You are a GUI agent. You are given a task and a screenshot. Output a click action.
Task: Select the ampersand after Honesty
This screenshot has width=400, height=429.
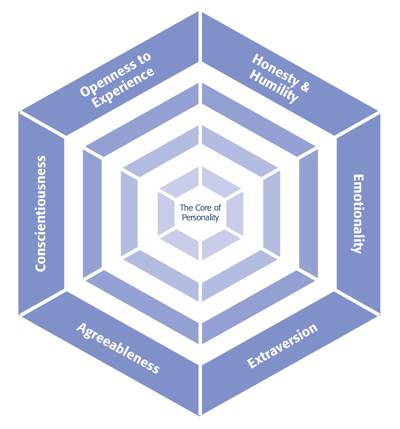(305, 87)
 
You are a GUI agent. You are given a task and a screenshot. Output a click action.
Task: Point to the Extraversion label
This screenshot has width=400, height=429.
(282, 346)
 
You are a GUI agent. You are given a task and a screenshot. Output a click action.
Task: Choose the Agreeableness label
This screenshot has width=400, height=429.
(118, 348)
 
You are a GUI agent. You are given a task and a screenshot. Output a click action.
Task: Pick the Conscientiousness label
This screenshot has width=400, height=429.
(41, 213)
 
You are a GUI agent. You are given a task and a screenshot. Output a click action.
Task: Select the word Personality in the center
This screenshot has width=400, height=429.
(200, 218)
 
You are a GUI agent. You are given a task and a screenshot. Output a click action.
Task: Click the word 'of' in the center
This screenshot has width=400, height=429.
(217, 208)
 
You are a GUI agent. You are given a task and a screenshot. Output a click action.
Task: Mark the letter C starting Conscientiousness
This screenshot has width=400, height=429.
(41, 266)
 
